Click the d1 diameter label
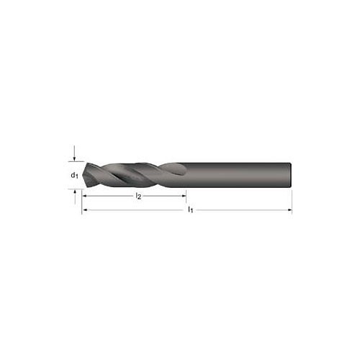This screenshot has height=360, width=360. tap(74, 176)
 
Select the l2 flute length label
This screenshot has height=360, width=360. tap(138, 196)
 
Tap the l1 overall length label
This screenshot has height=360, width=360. tap(190, 210)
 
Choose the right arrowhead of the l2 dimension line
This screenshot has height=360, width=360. tap(184, 196)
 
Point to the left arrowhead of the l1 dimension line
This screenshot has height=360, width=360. tap(85, 211)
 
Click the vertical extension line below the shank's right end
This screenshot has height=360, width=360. tap(292, 200)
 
